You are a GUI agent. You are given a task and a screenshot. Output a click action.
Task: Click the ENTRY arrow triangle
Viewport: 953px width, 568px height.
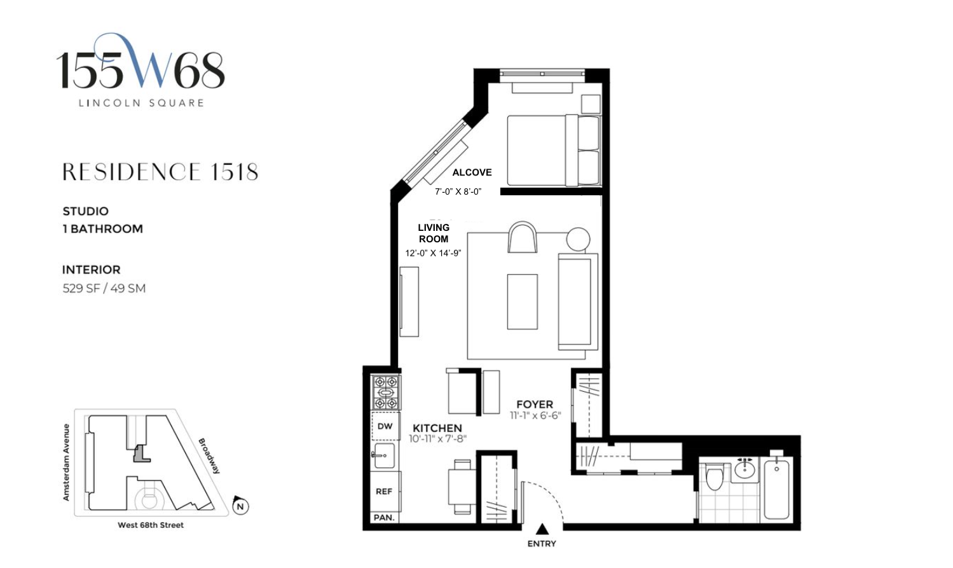(542, 529)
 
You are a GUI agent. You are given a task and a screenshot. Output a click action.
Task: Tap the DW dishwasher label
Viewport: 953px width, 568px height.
(385, 426)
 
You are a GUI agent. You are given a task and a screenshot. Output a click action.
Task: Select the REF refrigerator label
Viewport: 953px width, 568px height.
(384, 492)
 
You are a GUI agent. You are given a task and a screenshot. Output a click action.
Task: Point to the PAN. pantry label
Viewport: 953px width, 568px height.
(384, 518)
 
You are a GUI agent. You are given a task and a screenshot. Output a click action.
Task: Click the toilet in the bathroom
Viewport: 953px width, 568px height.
(715, 476)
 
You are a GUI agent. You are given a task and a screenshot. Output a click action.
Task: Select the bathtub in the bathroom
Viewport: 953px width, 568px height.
(776, 489)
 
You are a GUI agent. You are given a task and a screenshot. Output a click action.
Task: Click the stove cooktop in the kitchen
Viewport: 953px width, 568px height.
(385, 392)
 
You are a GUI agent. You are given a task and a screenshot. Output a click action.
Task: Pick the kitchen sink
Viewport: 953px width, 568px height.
(384, 455)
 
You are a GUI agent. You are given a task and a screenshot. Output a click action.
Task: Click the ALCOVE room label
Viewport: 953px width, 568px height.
(472, 172)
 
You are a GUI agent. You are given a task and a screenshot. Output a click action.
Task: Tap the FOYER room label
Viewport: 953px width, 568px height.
(535, 404)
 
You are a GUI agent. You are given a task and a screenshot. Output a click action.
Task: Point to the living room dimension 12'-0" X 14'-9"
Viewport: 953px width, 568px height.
(433, 253)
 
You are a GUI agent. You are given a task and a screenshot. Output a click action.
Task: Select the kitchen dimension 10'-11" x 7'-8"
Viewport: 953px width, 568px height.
(438, 438)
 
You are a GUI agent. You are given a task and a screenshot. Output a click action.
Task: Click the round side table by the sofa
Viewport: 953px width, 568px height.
(578, 239)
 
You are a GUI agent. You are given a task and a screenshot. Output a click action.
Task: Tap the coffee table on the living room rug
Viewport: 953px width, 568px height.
(522, 301)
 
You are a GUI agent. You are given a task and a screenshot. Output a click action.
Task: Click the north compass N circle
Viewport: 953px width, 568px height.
(241, 507)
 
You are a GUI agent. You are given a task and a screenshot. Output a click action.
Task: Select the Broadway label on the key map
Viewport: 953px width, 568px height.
(210, 456)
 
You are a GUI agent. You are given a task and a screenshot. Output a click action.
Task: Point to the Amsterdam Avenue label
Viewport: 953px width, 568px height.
(66, 462)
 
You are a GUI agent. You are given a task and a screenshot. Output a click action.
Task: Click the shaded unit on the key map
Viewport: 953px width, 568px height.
(141, 454)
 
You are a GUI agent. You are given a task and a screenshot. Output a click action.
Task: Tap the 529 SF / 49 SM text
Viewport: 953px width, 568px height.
(104, 289)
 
